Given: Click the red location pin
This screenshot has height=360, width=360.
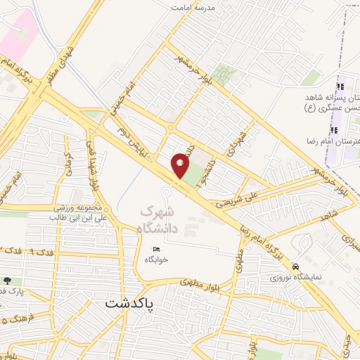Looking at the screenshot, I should (180, 165).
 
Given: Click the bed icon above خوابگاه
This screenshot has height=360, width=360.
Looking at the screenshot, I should (156, 249).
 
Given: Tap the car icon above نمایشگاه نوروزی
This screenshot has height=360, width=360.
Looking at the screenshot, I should (297, 266).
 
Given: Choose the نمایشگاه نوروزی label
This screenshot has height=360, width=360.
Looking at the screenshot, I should (297, 276).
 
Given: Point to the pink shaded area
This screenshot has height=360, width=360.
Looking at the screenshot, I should (15, 35).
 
